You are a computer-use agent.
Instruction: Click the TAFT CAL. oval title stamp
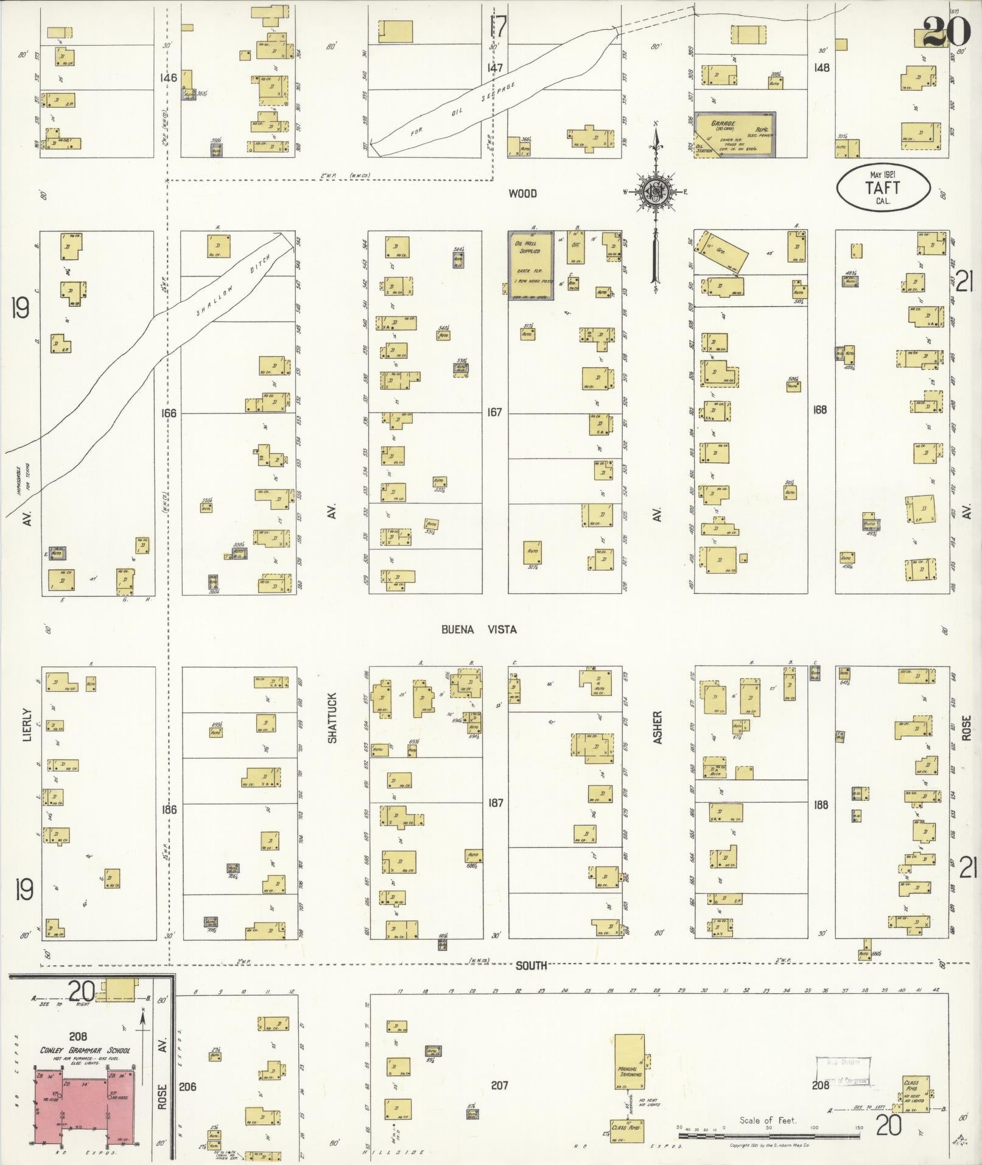click(883, 188)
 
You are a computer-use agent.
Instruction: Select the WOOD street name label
click(522, 194)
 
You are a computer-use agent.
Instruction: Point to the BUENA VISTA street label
click(479, 629)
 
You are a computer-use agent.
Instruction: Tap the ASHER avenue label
click(657, 727)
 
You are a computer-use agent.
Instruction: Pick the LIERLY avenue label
click(26, 724)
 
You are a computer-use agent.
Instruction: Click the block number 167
click(494, 412)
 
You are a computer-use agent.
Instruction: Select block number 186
click(169, 809)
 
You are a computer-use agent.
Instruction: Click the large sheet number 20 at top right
click(945, 32)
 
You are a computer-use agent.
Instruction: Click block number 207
click(499, 1085)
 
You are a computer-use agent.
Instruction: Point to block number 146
click(167, 77)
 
